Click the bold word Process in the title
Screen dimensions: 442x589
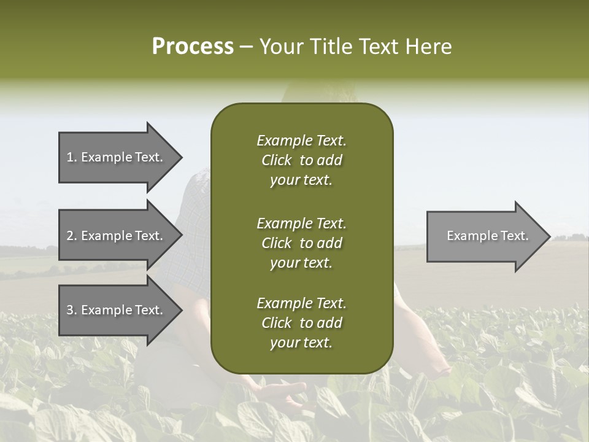pyautogui.click(x=193, y=47)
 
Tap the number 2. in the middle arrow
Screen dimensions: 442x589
pyautogui.click(x=72, y=236)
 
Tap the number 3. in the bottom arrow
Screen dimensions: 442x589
pyautogui.click(x=72, y=310)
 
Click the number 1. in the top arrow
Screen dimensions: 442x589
pyautogui.click(x=72, y=157)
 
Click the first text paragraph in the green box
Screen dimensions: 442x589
pyautogui.click(x=301, y=160)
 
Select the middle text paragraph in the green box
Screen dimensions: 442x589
pyautogui.click(x=301, y=242)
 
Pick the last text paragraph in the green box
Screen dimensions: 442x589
pyautogui.click(x=301, y=323)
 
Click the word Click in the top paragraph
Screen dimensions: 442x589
pyautogui.click(x=276, y=160)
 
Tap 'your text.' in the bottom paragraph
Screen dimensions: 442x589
pyautogui.click(x=301, y=343)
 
